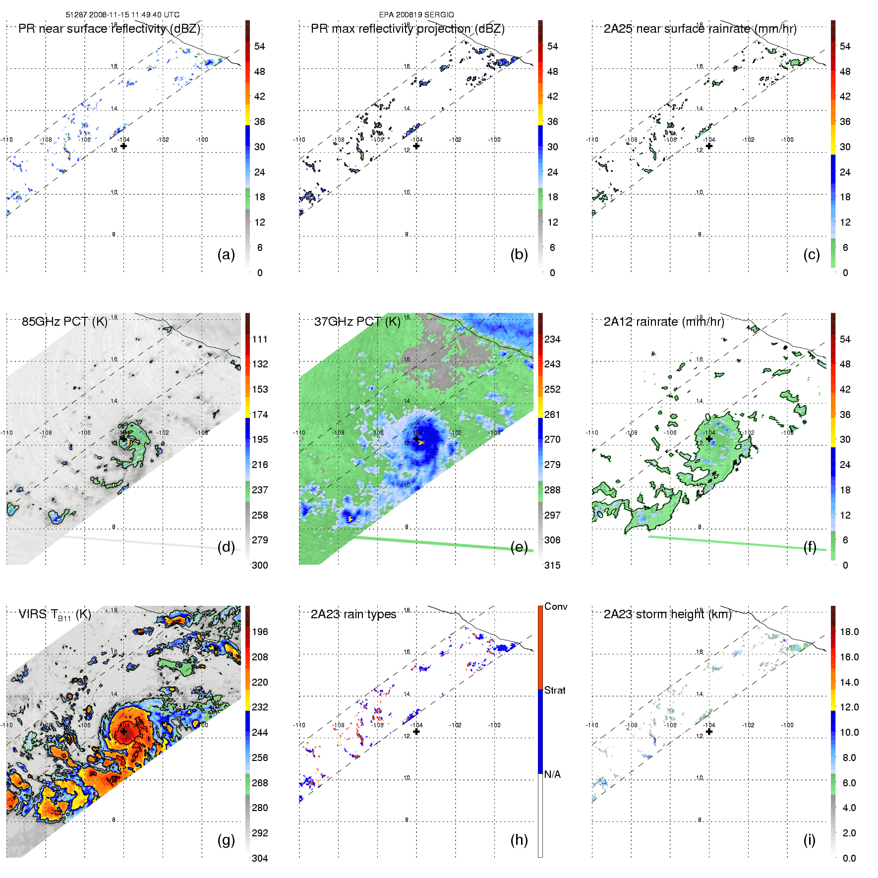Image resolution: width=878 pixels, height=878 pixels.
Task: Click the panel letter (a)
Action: point(226,255)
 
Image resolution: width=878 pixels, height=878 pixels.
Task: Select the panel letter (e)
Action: point(519,547)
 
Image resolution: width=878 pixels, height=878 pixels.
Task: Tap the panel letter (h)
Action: point(519,840)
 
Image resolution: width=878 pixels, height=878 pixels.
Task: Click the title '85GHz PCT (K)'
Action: point(64,322)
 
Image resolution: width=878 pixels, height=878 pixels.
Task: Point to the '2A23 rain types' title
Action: point(353,614)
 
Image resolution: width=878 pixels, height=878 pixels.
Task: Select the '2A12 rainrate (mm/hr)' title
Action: point(664,322)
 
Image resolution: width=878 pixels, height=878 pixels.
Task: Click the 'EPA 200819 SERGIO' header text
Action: point(416,15)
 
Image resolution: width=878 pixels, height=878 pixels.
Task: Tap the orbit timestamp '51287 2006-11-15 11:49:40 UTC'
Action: point(122,15)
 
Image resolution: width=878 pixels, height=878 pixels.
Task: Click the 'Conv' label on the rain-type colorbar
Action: point(556,607)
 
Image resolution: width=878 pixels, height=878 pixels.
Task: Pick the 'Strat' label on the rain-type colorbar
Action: point(555,691)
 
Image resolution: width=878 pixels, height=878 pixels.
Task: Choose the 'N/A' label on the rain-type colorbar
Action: point(552,774)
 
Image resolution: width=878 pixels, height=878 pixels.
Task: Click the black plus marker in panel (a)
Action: point(123,146)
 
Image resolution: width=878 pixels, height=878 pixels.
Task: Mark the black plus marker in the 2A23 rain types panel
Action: point(416,731)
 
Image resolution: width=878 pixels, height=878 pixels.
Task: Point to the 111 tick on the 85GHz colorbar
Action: point(260,340)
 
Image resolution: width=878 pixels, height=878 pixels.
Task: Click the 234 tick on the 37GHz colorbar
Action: point(552,340)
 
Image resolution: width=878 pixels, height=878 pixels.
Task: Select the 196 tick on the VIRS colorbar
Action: point(260,632)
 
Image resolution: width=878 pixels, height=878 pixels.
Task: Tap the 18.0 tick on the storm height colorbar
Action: point(849,632)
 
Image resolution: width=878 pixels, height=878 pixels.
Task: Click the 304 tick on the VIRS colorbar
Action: point(260,858)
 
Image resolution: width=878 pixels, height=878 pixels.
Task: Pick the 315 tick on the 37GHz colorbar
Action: point(552,566)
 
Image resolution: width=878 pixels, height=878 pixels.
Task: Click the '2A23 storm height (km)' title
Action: point(667,614)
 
